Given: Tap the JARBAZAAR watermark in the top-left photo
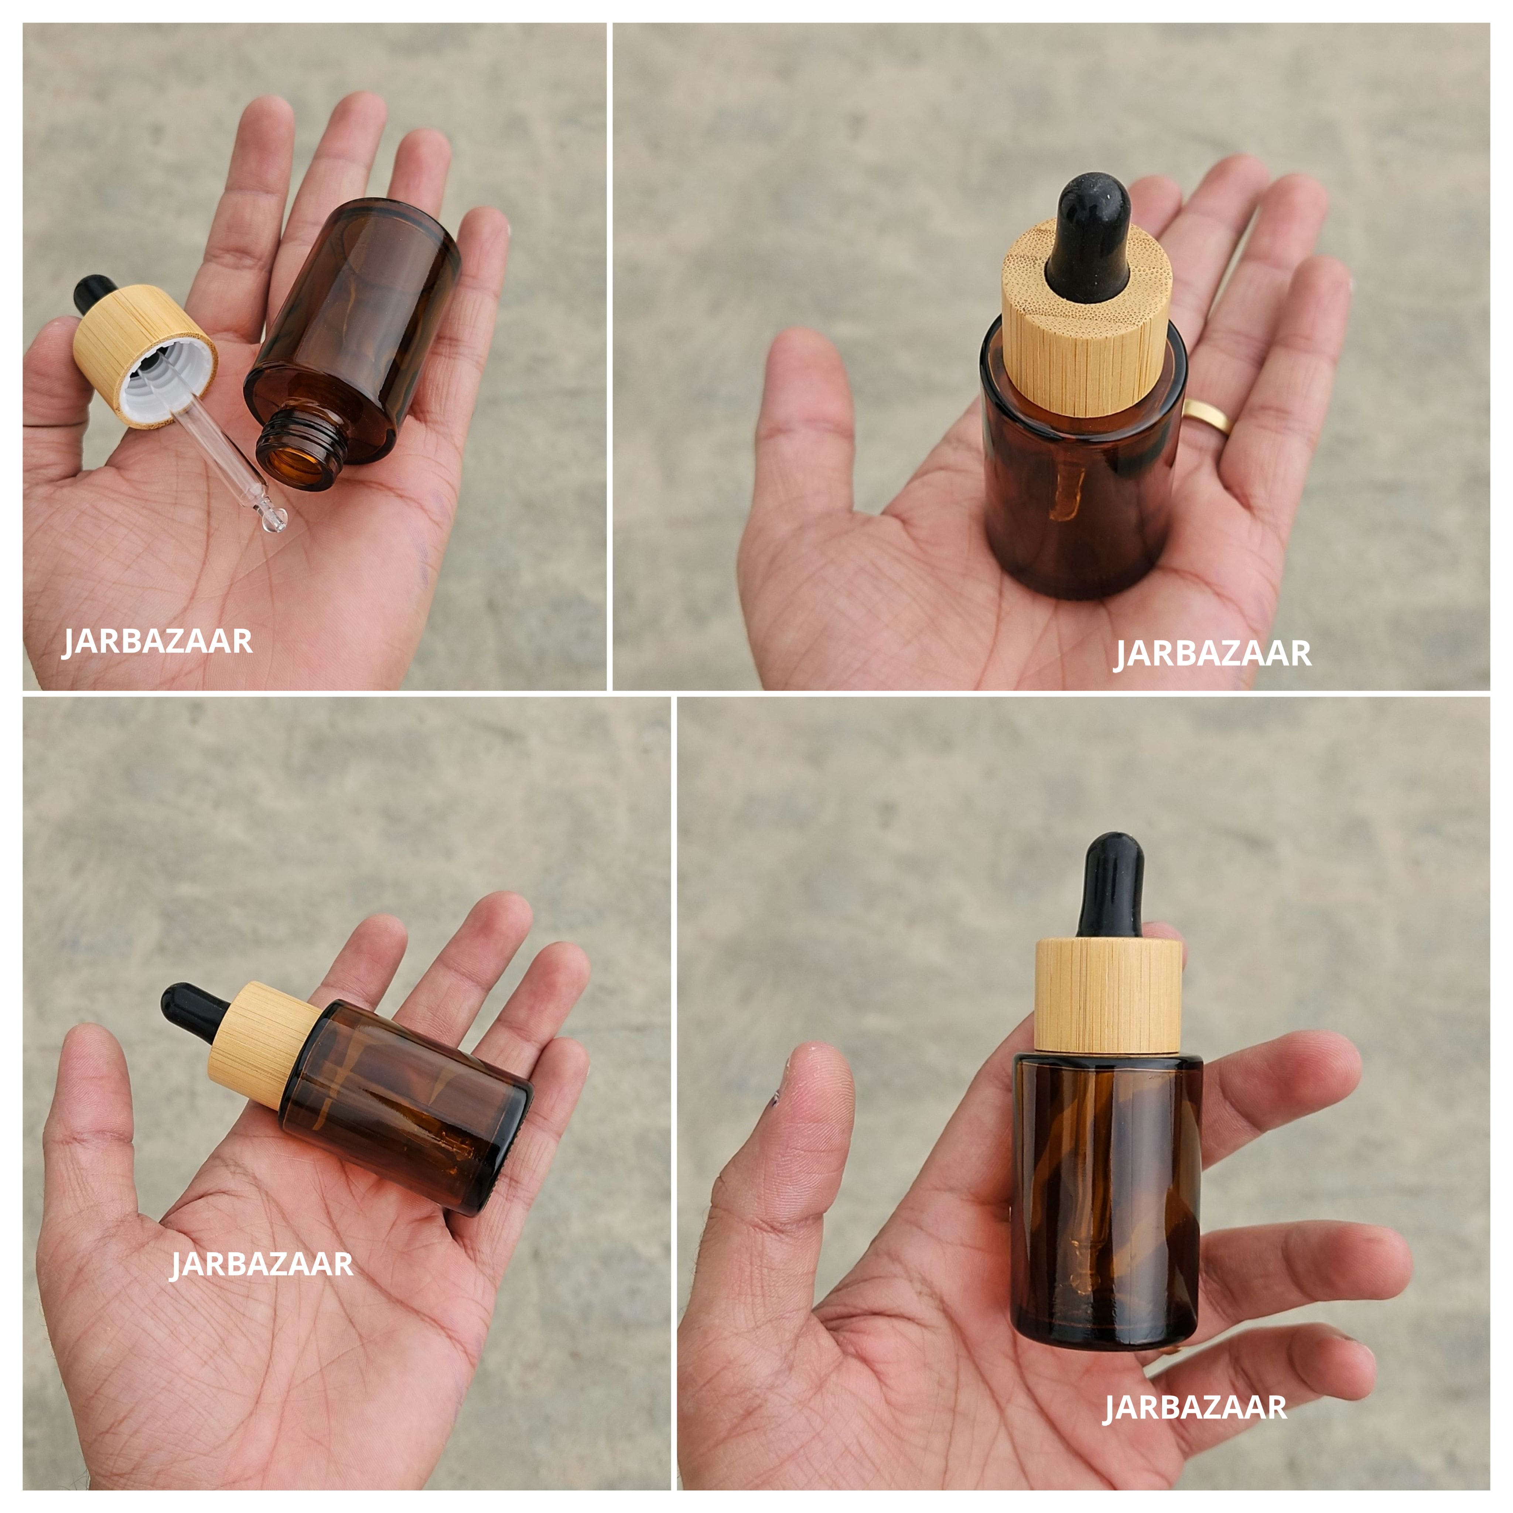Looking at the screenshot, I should [157, 641].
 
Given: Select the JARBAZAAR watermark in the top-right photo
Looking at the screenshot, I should [1212, 654].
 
